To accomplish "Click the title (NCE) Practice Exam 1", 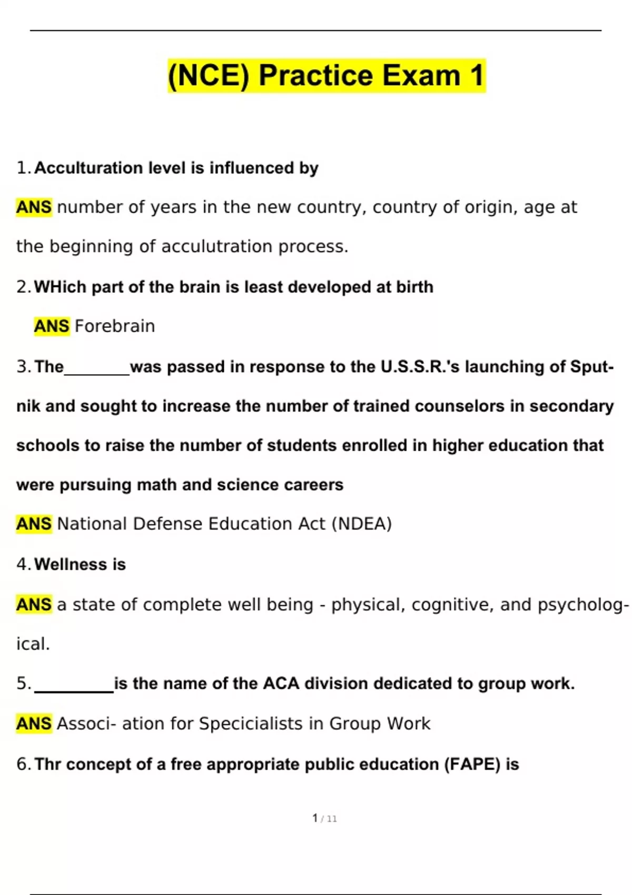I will pyautogui.click(x=326, y=75).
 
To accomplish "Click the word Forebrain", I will pyautogui.click(x=115, y=326).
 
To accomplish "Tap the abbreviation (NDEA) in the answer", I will pyautogui.click(x=362, y=524).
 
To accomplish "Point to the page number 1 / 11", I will pyautogui.click(x=324, y=818).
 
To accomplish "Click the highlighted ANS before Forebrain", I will pyautogui.click(x=52, y=326).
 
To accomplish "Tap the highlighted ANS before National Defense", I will pyautogui.click(x=34, y=524).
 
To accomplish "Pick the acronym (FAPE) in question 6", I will pyautogui.click(x=472, y=764).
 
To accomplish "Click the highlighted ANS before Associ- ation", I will pyautogui.click(x=34, y=724).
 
